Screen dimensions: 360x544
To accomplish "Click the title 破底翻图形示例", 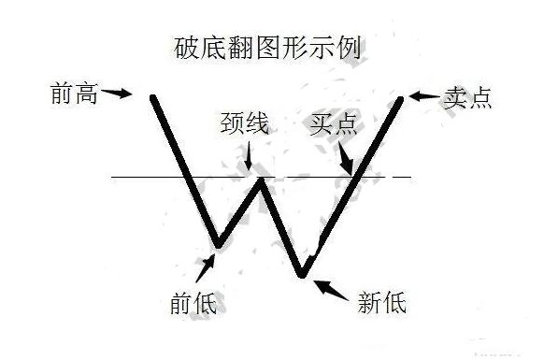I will tap(271, 44).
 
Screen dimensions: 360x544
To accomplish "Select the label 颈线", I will tap(244, 124).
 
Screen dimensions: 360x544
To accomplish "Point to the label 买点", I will tap(333, 125).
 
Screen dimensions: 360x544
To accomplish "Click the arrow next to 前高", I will tap(117, 93).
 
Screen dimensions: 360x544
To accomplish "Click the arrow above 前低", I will tap(205, 267).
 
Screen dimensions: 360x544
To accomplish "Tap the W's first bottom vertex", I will tap(217, 246).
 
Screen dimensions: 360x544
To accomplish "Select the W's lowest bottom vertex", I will tap(302, 274).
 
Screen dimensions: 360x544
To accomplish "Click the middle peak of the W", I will tap(263, 180).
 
